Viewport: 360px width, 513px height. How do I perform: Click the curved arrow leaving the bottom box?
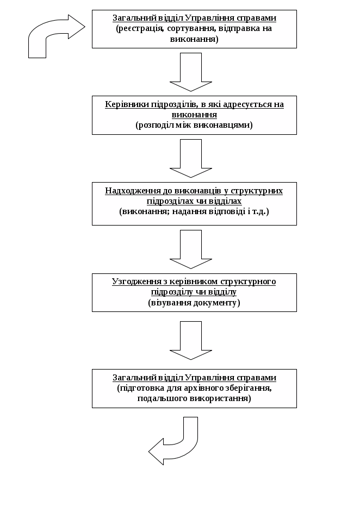(177, 443)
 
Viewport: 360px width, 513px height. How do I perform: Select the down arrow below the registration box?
(186, 72)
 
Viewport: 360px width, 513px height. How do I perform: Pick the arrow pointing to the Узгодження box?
(186, 249)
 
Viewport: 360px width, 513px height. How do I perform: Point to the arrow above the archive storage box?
(186, 340)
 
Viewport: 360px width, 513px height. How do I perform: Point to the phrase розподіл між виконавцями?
(194, 125)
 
